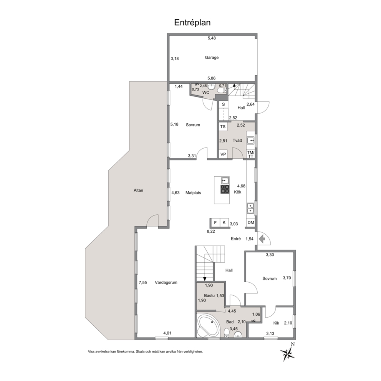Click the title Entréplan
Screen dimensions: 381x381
tap(192, 23)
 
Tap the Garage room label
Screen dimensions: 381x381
tap(211, 58)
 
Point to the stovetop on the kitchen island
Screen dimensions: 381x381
tap(225, 189)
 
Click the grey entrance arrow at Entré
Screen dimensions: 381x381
tap(262, 239)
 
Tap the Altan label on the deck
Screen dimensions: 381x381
tap(138, 190)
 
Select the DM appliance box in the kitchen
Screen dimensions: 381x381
tap(251, 222)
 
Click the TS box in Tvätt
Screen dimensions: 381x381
tap(223, 127)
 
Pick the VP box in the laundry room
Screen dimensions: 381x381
tap(223, 154)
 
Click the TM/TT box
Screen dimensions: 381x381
tap(251, 154)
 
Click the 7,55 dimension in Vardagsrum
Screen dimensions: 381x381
tap(142, 282)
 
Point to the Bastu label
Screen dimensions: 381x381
tap(209, 295)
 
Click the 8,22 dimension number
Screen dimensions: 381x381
tap(210, 231)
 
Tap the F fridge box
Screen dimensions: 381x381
tap(215, 222)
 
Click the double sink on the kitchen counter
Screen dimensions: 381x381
tap(250, 208)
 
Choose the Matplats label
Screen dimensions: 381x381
tap(193, 193)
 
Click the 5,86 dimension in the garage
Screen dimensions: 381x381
tap(212, 78)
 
